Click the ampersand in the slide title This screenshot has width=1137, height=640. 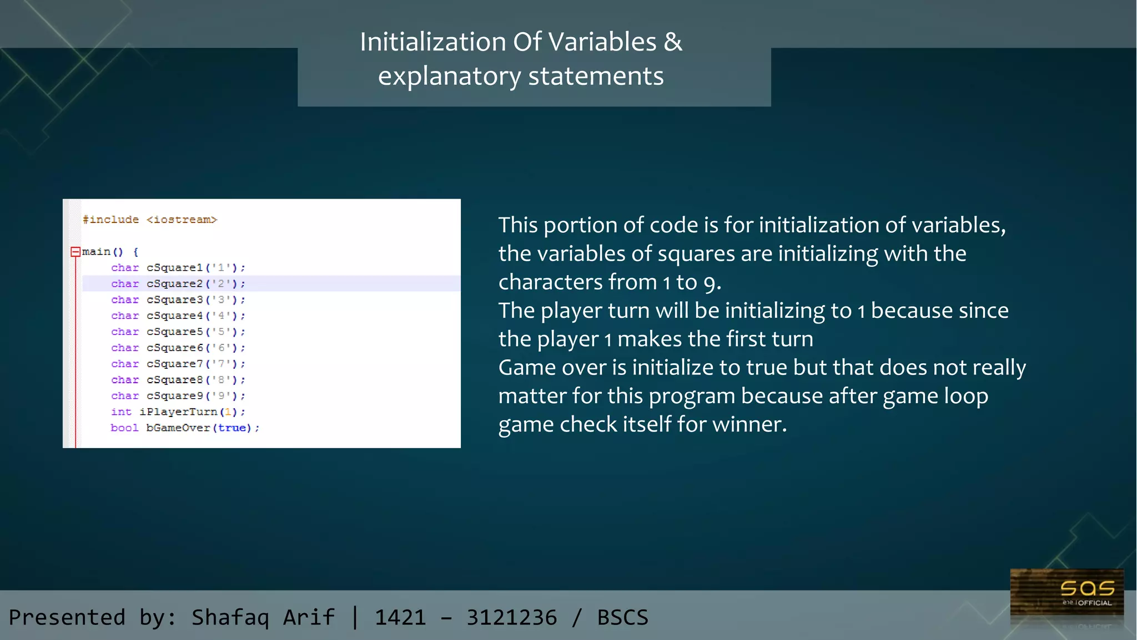click(673, 42)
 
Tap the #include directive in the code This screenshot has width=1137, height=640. click(110, 220)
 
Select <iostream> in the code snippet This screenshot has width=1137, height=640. click(182, 220)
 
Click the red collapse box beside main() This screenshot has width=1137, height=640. click(76, 252)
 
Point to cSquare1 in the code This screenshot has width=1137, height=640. click(174, 268)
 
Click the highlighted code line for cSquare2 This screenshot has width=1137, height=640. click(271, 283)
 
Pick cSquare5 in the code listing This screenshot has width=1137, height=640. click(174, 332)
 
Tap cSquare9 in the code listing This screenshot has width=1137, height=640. click(174, 396)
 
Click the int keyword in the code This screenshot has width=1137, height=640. click(121, 412)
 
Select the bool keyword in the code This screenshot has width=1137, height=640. click(124, 428)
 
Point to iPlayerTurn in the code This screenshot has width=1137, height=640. click(178, 412)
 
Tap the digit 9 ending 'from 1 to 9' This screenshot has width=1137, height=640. click(709, 283)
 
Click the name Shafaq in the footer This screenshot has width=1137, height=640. click(230, 617)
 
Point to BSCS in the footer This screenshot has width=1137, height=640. click(622, 617)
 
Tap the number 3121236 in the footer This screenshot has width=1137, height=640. click(511, 617)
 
